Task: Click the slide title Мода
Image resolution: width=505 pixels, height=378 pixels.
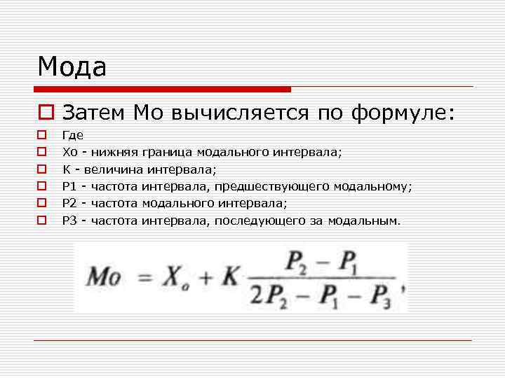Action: tap(72, 67)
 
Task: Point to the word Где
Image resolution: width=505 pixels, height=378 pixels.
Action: tap(72, 134)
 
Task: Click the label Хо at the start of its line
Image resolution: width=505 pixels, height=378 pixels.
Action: tap(69, 151)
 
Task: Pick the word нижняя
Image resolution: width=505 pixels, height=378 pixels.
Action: tap(114, 151)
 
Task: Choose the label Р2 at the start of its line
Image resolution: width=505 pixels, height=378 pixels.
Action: tap(69, 204)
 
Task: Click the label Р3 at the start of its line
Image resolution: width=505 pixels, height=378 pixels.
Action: tap(69, 221)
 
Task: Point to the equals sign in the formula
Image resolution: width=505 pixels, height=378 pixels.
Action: tap(145, 279)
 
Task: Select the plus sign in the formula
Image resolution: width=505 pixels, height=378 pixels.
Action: tap(206, 279)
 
